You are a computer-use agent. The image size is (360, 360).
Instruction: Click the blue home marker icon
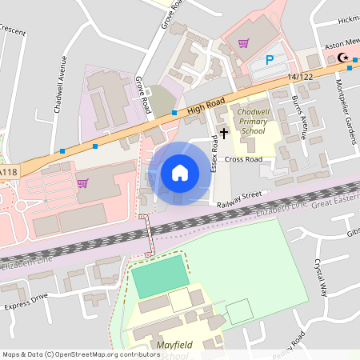pyautogui.click(x=180, y=173)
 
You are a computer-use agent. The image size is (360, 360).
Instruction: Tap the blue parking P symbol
pyautogui.click(x=270, y=59)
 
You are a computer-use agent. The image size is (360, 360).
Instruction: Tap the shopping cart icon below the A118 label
pyautogui.click(x=82, y=183)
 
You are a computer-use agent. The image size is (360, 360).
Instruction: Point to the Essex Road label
pyautogui.click(x=214, y=154)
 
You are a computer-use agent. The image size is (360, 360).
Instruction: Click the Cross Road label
pyautogui.click(x=243, y=159)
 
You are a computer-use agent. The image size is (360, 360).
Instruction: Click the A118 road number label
pyautogui.click(x=8, y=172)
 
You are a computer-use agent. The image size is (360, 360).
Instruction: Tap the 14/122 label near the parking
pyautogui.click(x=301, y=76)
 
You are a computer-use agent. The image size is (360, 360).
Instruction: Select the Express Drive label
pyautogui.click(x=26, y=302)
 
